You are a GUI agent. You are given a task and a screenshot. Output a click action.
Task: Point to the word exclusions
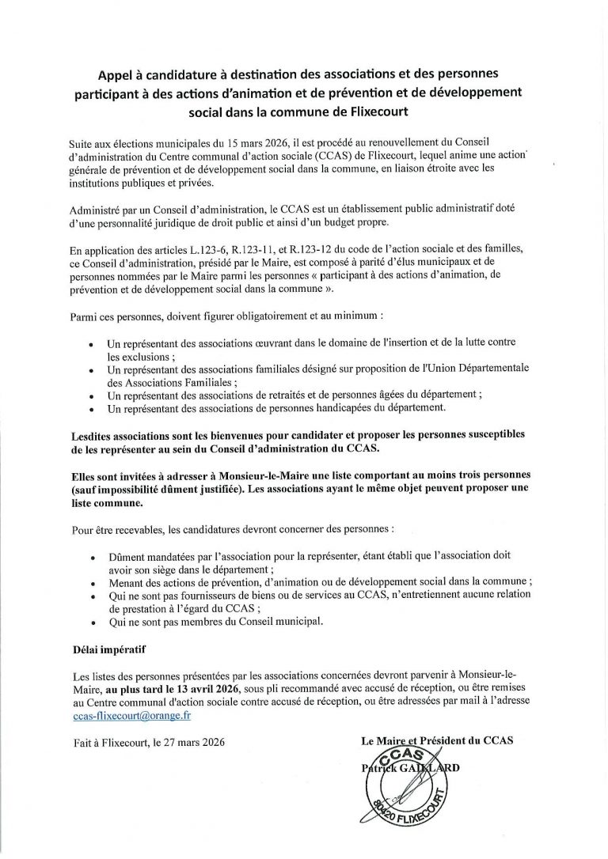click(136, 356)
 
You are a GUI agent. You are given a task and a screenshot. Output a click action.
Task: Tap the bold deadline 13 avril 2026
click(189, 689)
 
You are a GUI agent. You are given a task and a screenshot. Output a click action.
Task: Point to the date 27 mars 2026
click(192, 742)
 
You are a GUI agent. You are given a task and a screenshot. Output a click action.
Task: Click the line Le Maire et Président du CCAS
click(436, 740)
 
